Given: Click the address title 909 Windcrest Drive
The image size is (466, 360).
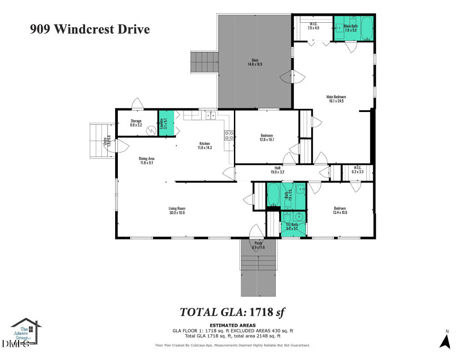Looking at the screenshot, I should [90, 30].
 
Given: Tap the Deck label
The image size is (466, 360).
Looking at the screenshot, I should [255, 62].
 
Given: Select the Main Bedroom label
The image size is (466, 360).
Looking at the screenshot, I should [336, 99].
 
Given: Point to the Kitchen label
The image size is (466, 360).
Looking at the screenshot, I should [204, 145].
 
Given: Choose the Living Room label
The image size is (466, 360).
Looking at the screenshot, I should [177, 210].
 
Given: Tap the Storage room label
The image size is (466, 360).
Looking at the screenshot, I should [136, 123].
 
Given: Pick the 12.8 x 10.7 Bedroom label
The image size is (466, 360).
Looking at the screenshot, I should [267, 138].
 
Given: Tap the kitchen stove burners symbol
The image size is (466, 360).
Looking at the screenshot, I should [229, 135].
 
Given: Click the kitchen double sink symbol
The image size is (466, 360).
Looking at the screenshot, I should [211, 115].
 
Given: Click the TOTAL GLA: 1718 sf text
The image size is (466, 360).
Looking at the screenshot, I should [232, 312].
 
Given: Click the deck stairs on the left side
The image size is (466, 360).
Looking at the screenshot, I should [204, 62].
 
